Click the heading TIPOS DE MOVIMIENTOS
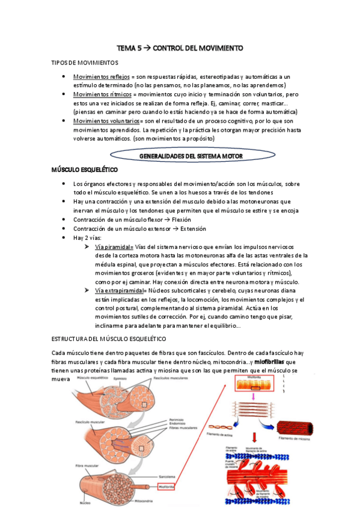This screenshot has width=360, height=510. (85, 63)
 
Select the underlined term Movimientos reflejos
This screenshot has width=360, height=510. (101, 78)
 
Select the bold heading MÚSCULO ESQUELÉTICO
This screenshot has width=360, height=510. (84, 171)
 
